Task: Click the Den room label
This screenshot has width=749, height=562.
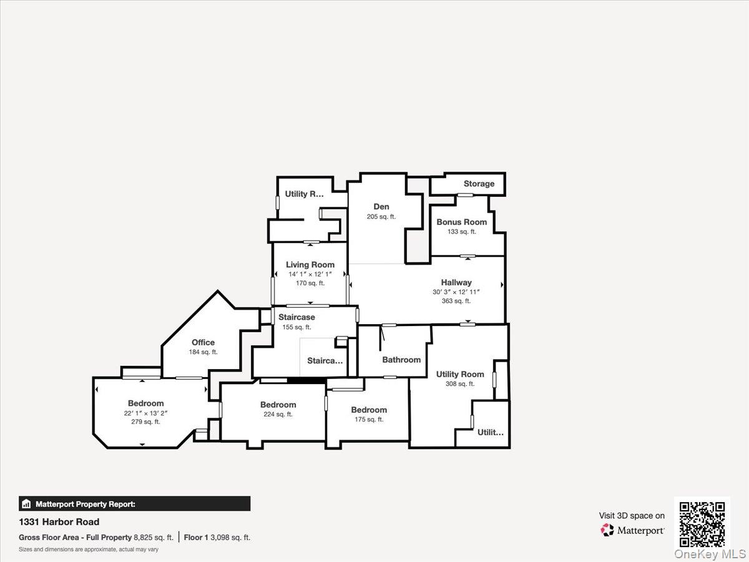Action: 381,207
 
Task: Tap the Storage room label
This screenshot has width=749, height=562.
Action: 479,184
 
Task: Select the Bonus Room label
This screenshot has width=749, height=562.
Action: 461,222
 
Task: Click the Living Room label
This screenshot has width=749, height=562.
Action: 310,265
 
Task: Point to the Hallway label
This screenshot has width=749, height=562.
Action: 456,282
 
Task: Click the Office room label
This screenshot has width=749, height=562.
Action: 203,342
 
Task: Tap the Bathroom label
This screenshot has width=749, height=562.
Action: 401,360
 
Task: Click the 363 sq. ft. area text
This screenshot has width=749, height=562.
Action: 456,301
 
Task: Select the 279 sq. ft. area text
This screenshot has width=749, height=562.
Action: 145,421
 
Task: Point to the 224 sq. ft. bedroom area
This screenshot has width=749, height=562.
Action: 278,414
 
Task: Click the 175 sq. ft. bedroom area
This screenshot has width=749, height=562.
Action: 369,419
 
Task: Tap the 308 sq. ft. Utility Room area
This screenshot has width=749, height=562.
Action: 460,384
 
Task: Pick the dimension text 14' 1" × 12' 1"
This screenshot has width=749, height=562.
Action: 310,274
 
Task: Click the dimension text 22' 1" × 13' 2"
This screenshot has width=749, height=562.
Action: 145,413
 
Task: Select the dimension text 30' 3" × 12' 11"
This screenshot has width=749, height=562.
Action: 456,292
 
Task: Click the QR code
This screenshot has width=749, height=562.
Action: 702,523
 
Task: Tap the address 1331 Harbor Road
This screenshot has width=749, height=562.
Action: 59,522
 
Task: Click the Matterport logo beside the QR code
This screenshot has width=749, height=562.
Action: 632,530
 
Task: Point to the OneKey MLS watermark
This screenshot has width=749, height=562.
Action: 709,554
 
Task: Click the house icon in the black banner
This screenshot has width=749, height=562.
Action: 26,504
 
